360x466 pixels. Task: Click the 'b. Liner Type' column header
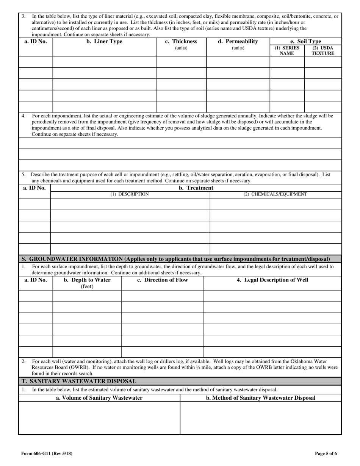click(x=104, y=42)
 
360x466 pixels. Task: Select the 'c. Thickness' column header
click(x=181, y=42)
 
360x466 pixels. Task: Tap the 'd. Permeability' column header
click(x=238, y=42)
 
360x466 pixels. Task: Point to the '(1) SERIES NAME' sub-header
click(x=287, y=51)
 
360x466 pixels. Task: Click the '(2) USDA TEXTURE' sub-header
click(x=323, y=51)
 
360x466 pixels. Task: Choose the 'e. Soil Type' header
click(x=305, y=41)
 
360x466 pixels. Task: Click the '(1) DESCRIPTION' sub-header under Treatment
click(x=130, y=194)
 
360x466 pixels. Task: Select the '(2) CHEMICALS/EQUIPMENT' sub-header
click(x=275, y=194)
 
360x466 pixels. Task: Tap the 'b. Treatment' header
click(x=196, y=188)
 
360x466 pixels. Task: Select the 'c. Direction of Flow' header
click(x=163, y=280)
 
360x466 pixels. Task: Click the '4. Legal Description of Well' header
click(x=272, y=280)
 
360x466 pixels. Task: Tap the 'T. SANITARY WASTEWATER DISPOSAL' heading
click(x=79, y=381)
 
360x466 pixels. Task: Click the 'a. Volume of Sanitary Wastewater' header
click(x=99, y=398)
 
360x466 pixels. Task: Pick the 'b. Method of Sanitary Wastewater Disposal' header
click(x=261, y=398)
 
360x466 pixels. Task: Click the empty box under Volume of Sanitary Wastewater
click(x=99, y=418)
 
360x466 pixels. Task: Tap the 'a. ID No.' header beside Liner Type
click(x=36, y=42)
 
